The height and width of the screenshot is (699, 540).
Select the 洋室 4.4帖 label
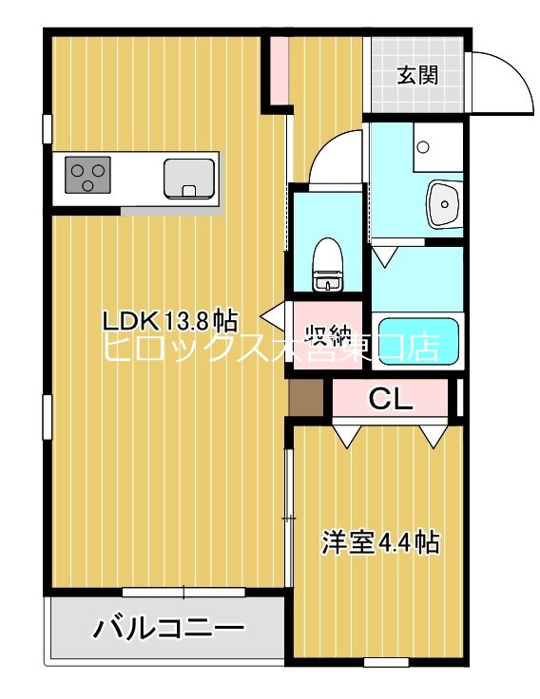coord(379,542)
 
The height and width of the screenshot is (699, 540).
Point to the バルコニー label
coord(168,628)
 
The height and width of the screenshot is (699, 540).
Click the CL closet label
coord(391,400)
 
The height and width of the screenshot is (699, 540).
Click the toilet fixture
coord(328,264)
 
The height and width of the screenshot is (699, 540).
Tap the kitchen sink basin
coord(188,177)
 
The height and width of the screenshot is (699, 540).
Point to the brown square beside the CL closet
coord(308,396)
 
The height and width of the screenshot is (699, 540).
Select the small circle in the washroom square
coord(423,148)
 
